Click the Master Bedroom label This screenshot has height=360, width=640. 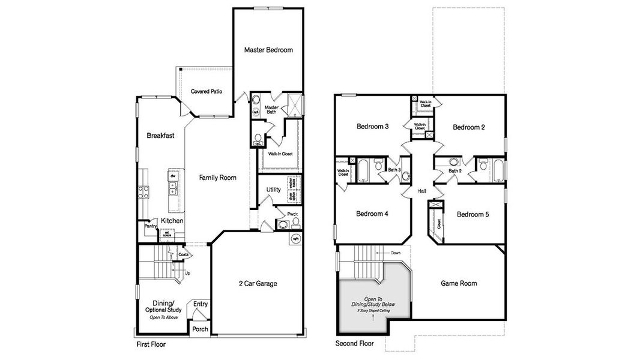click(268, 50)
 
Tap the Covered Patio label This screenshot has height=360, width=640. click(207, 92)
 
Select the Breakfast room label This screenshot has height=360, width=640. click(160, 136)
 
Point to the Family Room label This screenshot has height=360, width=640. click(218, 178)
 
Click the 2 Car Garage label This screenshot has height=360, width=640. click(258, 283)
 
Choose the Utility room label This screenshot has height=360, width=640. click(273, 190)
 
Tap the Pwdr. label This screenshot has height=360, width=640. click(292, 214)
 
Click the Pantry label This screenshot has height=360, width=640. click(150, 226)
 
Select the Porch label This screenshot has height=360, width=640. click(200, 329)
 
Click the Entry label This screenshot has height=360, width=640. click(201, 304)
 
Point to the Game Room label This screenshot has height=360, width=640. click(459, 283)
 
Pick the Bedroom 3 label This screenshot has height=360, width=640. click(372, 127)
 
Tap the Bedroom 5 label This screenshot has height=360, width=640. click(472, 214)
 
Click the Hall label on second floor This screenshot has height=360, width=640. click(422, 191)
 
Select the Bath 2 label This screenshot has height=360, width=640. click(454, 171)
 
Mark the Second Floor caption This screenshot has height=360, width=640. click(354, 344)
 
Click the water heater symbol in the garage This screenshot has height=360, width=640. click(295, 239)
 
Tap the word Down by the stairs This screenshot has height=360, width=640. click(396, 253)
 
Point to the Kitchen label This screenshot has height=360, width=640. click(172, 221)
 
